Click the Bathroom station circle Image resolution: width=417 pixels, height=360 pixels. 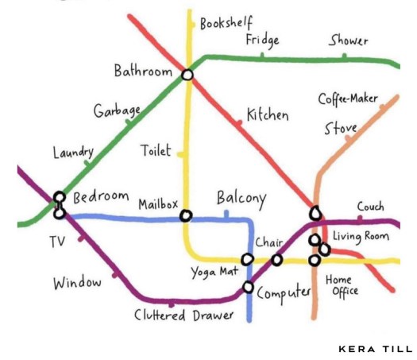coord(187,75)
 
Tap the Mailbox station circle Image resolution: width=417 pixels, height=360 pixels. coord(186,215)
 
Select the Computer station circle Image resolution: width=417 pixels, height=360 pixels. coord(248,287)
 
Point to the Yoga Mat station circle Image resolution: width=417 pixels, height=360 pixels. coord(247,259)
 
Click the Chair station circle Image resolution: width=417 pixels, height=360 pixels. coord(276,259)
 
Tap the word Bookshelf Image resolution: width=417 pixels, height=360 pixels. coord(226,23)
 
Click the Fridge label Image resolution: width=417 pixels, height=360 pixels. coord(262,40)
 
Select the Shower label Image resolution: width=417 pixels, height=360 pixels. coord(349,40)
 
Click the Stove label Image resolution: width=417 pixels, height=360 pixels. coord(340,128)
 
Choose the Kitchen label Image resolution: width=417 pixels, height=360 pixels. coord(267,114)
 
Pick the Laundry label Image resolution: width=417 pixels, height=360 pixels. coord(73,152)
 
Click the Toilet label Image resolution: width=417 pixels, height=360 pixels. coord(156,150)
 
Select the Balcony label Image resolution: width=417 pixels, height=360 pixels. coord(241,198)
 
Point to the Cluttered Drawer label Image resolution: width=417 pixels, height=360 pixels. coord(184,315)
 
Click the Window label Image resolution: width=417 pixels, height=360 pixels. coord(78,283)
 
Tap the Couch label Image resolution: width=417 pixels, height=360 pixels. coord(370,207)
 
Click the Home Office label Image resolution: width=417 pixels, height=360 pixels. coord(342,285)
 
